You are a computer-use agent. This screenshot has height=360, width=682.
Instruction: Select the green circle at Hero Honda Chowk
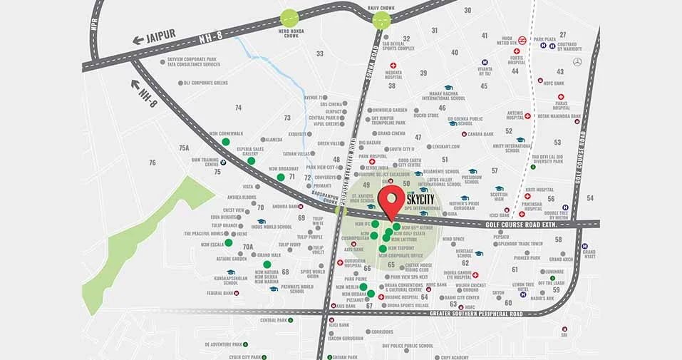(x=289, y=19)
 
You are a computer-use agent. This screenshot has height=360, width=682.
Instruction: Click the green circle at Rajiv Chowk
(x=381, y=20)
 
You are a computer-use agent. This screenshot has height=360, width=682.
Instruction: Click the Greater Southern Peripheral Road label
(x=476, y=314)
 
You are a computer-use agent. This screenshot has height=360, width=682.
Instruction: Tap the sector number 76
(x=153, y=163)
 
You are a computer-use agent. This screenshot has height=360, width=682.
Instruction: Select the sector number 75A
(x=185, y=148)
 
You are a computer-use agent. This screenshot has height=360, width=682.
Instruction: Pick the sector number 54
(x=589, y=197)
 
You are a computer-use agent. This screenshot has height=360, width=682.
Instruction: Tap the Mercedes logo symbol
(x=578, y=63)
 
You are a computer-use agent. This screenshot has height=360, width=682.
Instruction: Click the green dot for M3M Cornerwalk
(x=226, y=142)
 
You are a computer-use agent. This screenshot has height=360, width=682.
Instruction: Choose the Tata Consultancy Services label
(x=193, y=65)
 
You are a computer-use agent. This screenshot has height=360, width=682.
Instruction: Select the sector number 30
(x=467, y=10)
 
